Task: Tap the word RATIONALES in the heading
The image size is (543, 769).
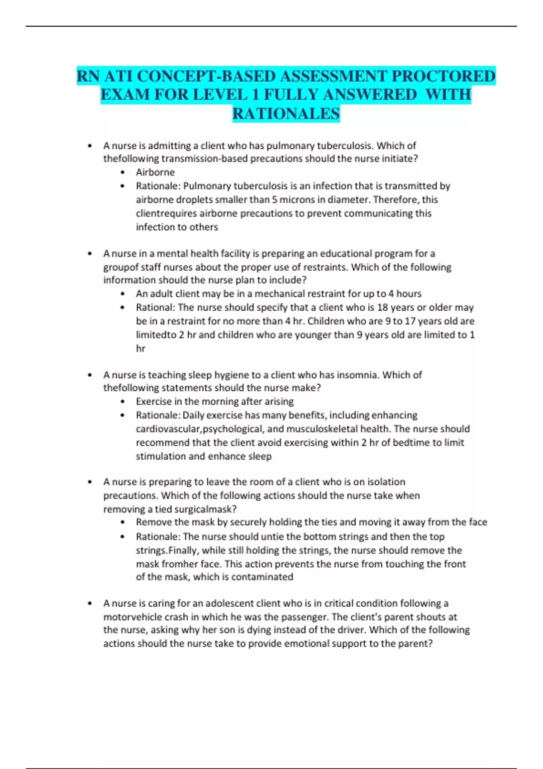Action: (x=286, y=114)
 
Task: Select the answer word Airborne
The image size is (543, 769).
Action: (x=155, y=172)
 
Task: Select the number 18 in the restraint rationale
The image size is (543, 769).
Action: (x=383, y=307)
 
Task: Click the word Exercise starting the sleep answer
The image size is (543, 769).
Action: (x=153, y=401)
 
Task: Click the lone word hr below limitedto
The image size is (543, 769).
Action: (x=141, y=348)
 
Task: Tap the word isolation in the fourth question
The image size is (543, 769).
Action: (x=383, y=482)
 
